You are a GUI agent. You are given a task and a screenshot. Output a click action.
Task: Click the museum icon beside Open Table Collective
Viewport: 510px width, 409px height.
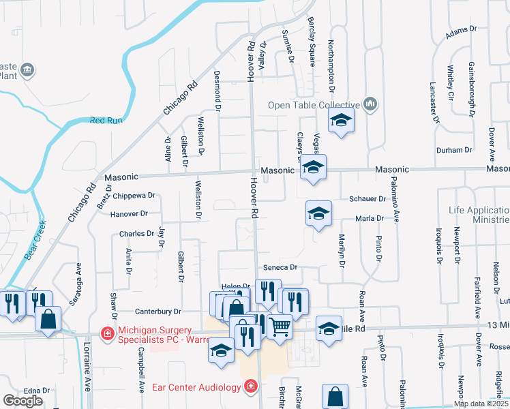pos(370,104)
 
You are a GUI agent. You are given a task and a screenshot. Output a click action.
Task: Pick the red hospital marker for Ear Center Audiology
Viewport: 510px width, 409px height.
pos(251,387)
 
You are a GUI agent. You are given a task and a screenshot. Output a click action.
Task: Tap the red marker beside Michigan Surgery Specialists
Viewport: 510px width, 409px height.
pos(107,333)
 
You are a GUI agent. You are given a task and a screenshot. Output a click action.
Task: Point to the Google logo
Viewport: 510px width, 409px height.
pos(22,401)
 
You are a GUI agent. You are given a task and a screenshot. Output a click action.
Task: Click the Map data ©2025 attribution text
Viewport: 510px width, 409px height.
pos(480,404)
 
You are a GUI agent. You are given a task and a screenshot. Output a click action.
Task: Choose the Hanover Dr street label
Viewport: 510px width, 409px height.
pos(128,214)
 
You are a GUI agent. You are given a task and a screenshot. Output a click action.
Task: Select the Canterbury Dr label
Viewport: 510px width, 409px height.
pos(157,312)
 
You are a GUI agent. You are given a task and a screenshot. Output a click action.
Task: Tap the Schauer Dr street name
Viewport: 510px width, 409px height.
pos(367,199)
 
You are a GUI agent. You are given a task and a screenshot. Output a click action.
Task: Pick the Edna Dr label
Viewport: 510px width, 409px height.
pos(37,391)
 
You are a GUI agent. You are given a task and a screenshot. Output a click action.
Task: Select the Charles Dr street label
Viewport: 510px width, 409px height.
pos(136,233)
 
